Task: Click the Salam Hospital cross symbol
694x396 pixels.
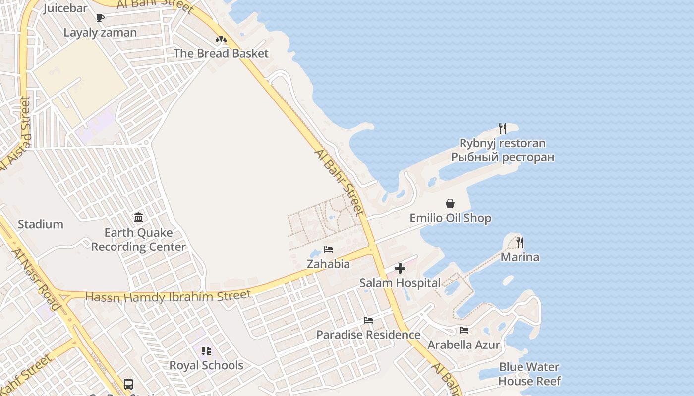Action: [x=400, y=268]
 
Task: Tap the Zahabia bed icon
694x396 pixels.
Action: [x=328, y=249]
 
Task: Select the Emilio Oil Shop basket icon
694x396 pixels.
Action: [x=450, y=203]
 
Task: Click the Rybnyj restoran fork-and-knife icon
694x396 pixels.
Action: [x=503, y=128]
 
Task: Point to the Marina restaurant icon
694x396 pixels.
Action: [x=520, y=243]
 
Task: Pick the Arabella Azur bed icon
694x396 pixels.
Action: [x=464, y=330]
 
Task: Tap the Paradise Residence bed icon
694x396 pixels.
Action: [x=368, y=320]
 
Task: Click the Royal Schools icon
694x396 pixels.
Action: [x=206, y=351]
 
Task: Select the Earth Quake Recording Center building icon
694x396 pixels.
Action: [x=138, y=217]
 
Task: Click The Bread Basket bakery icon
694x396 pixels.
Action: [x=221, y=39]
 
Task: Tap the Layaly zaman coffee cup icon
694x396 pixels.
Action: [x=100, y=18]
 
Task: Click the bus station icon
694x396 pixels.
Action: [x=128, y=384]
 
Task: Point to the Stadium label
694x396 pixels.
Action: [x=41, y=224]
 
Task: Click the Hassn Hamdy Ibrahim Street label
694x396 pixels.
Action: [x=168, y=296]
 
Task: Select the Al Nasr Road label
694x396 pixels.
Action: [x=36, y=280]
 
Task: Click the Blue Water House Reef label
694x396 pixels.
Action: [x=529, y=374]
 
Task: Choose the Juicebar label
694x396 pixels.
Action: [x=65, y=8]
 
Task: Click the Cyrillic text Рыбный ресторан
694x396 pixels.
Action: [x=502, y=157]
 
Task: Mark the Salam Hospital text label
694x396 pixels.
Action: [x=400, y=283]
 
